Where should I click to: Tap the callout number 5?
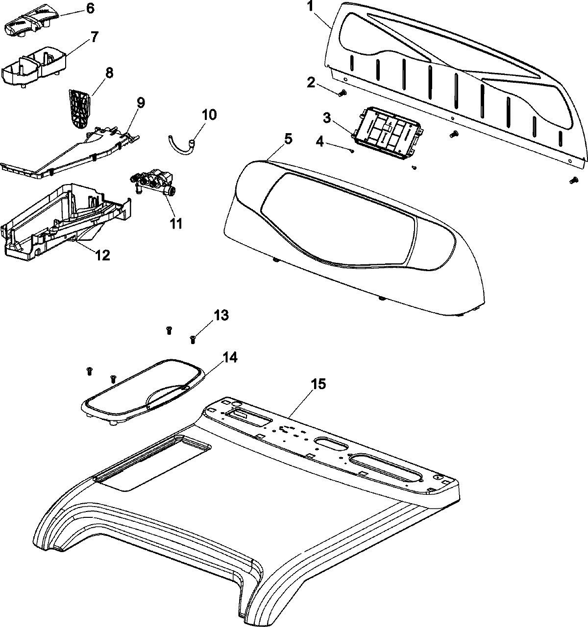point(288,139)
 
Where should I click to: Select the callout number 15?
point(318,384)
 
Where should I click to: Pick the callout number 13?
point(222,315)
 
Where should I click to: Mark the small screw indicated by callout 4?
point(352,151)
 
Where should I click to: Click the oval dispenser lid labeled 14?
point(142,386)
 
